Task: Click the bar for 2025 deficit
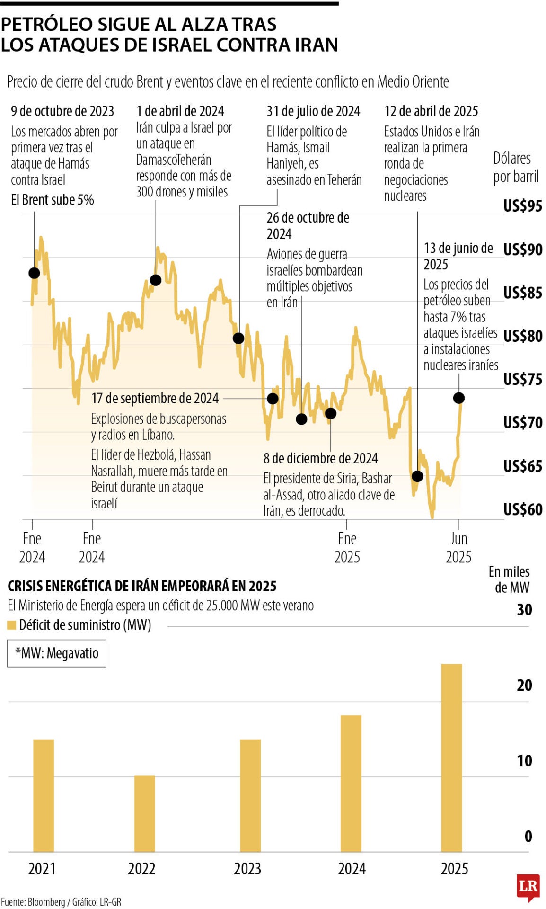point(451,757)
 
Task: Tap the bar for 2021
point(44,795)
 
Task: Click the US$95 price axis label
point(522,206)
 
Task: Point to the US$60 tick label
point(522,509)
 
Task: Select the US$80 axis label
point(522,336)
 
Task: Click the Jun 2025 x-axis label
point(458,547)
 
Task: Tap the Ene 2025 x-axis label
point(347,547)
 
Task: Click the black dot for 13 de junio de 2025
point(458,398)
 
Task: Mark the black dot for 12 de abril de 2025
point(417,476)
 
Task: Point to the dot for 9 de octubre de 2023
point(34,273)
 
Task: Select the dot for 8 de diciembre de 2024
point(331,413)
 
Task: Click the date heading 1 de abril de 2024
point(180,111)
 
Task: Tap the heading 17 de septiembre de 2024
point(155,398)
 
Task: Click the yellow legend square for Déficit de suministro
point(12,625)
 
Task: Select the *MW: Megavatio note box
point(56,653)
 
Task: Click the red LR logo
point(528,886)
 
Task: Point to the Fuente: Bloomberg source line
point(61,902)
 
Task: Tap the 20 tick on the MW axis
point(524,685)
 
